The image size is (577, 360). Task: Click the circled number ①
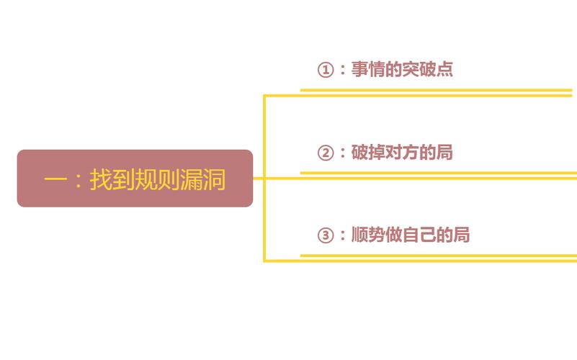(x=326, y=70)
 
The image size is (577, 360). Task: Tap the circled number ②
(x=326, y=153)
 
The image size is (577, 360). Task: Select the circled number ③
(x=326, y=235)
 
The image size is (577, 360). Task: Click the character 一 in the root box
(x=55, y=180)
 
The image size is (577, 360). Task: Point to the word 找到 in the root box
(x=112, y=179)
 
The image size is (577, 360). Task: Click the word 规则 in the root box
(x=157, y=179)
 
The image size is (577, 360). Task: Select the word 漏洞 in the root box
(x=202, y=179)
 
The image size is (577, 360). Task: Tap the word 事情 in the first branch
(x=368, y=69)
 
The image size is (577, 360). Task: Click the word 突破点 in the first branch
(x=428, y=69)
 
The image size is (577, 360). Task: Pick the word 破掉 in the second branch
(x=368, y=152)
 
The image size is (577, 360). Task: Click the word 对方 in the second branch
(x=402, y=152)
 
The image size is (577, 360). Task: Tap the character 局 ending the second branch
(x=444, y=152)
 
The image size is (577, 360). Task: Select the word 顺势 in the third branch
(x=368, y=235)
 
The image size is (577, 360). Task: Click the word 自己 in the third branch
(x=419, y=235)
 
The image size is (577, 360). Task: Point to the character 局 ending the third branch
(x=462, y=235)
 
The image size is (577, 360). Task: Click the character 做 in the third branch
(x=394, y=235)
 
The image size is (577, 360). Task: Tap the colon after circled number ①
(x=343, y=70)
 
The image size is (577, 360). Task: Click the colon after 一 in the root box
(x=78, y=180)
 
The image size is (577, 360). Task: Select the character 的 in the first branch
(x=394, y=69)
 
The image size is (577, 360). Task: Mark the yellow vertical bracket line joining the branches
(x=264, y=179)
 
